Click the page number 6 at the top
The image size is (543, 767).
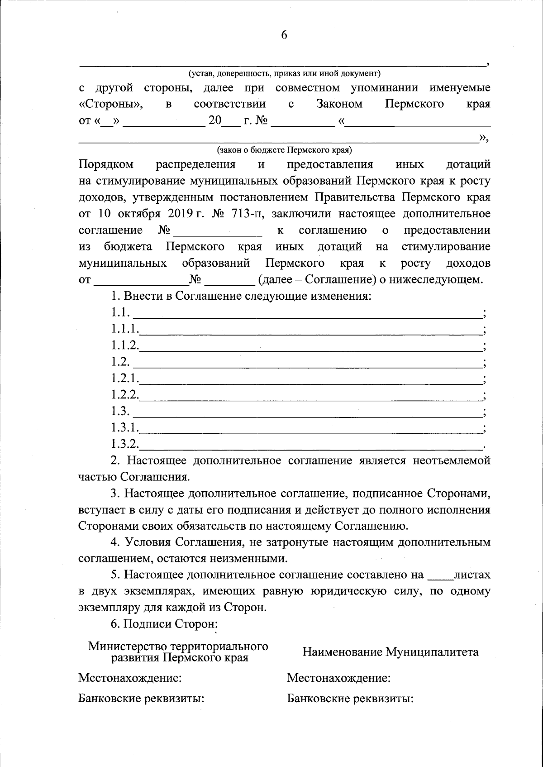tap(284, 35)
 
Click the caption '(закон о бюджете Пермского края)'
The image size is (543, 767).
tap(284, 149)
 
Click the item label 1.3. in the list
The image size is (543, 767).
tap(120, 412)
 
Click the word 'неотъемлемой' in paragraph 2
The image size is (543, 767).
tap(451, 461)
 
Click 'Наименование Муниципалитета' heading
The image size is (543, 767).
tap(391, 652)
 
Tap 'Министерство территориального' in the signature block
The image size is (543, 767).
tap(178, 646)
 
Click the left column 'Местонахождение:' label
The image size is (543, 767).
tap(130, 678)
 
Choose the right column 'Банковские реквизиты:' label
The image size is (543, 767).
tap(351, 699)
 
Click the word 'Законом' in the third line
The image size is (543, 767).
tap(339, 104)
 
